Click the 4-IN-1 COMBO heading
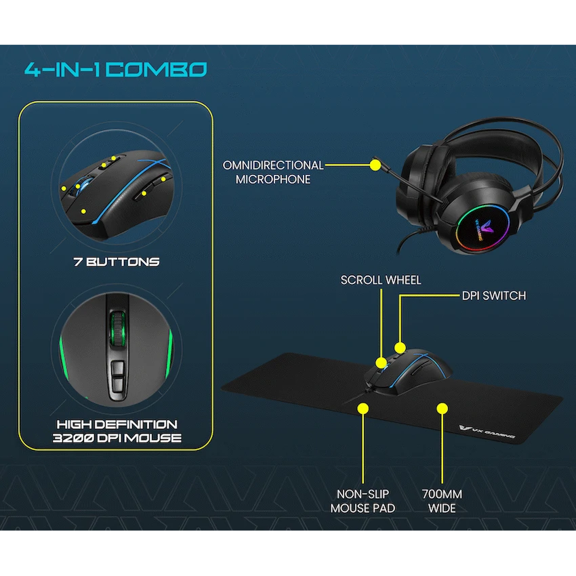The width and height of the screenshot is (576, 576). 115,69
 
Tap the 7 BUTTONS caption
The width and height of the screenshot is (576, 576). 117,262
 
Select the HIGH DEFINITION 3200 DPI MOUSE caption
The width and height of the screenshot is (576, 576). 117,431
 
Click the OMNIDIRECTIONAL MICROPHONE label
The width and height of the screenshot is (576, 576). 273,172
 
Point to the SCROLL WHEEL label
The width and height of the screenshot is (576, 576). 381,280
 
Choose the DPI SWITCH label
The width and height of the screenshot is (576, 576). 493,295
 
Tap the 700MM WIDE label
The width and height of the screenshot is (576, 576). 443,501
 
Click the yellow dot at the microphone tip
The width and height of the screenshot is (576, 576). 375,164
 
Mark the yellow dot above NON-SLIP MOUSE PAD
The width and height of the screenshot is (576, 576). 363,408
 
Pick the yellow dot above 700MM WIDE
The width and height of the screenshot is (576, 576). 443,408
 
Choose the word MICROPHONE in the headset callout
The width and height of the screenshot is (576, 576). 273,180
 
